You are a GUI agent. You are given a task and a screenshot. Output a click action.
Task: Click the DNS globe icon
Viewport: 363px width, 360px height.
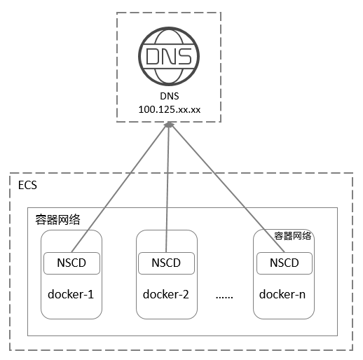coord(169,56)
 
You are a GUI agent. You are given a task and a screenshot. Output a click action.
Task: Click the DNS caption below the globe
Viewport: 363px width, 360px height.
coord(170,96)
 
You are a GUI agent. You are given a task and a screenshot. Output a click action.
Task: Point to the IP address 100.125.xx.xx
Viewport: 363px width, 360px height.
coord(170,109)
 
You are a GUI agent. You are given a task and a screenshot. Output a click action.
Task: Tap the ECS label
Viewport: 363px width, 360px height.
coord(27,185)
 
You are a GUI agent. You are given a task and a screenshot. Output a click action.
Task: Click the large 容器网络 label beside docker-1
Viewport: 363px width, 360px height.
coord(57,219)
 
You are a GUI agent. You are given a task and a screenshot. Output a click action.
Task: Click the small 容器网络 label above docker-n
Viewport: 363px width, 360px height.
coord(292,236)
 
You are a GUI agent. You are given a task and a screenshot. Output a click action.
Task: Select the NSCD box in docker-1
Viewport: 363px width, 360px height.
coord(71,263)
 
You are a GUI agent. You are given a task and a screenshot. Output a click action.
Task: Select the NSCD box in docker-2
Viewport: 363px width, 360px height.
coord(166,263)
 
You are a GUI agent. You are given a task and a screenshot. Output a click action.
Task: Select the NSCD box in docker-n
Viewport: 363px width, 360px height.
coord(285,263)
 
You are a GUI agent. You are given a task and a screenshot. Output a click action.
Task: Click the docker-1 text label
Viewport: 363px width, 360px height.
coord(71,294)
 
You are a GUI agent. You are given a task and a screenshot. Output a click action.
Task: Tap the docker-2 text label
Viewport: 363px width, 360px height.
coord(166,294)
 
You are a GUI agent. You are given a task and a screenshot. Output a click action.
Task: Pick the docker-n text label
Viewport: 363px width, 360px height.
coord(282,294)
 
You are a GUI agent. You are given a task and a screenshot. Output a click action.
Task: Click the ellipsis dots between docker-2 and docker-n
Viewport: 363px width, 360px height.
coord(224,297)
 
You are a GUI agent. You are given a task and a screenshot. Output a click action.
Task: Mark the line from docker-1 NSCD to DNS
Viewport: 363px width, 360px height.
coord(120,188)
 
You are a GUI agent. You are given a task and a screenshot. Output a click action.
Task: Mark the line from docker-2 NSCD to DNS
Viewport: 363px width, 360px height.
coord(167,188)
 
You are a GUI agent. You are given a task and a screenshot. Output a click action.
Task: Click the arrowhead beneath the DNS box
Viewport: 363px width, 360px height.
coord(169,125)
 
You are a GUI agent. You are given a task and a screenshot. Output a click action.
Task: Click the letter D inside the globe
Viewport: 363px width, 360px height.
coord(153,56)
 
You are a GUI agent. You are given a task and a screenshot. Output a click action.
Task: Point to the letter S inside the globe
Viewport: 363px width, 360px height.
coord(184,56)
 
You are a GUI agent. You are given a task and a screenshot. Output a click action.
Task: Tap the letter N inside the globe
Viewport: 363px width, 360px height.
coord(169,56)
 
